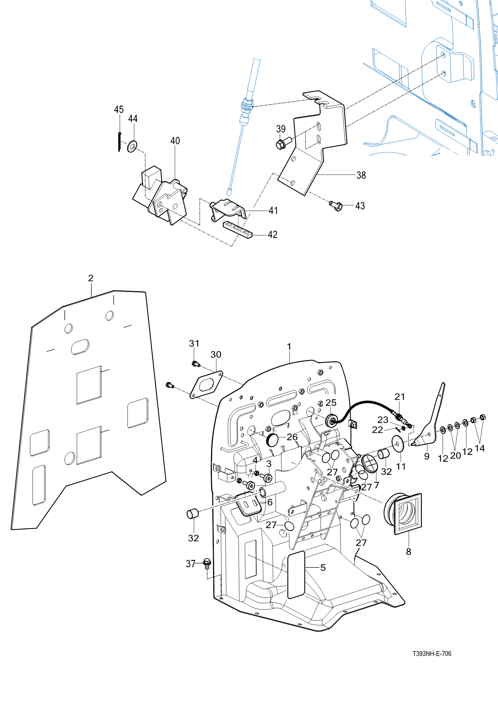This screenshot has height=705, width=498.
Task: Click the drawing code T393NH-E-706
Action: pos(432,654)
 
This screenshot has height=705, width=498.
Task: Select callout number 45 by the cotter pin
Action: pos(119,110)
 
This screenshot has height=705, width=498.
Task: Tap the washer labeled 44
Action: pos(132,146)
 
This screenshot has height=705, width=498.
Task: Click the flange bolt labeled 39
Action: pos(282,144)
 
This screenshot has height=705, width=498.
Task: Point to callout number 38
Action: pos(361,175)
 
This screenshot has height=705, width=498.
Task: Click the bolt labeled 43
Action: pos(336,206)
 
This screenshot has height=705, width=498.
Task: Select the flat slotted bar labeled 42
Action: pos(237,229)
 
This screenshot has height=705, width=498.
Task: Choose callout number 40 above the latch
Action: pos(175,141)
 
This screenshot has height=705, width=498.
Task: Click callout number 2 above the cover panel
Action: pos(91,278)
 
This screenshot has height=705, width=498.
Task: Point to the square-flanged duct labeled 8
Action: pos(403,513)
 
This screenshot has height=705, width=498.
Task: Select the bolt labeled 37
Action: pos(207,563)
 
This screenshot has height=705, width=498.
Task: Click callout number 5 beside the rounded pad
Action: pos(323,568)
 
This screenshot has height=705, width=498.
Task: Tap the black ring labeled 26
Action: pos(272,440)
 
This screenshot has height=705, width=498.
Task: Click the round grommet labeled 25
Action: pos(331,421)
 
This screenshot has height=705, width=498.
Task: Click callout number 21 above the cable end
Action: pos(400,397)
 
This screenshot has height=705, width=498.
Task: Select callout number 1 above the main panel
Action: pos(289,346)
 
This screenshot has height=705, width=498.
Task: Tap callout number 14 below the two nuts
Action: pos(479,448)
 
